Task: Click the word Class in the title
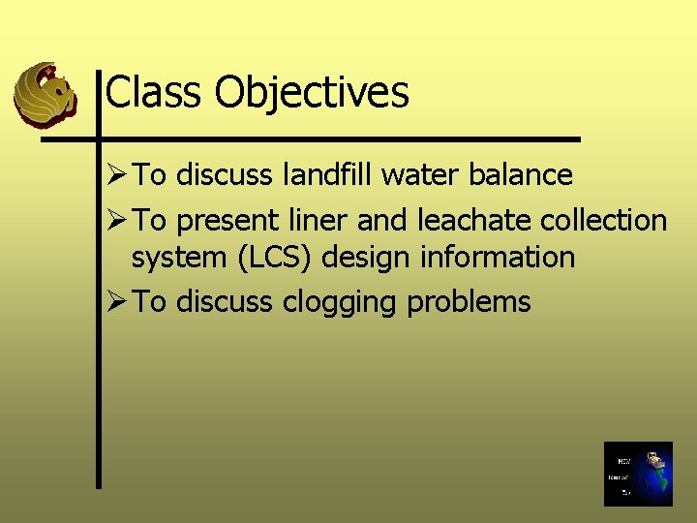[155, 93]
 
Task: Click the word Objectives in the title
[312, 93]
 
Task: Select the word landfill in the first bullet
[328, 175]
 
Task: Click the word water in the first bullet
[413, 175]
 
